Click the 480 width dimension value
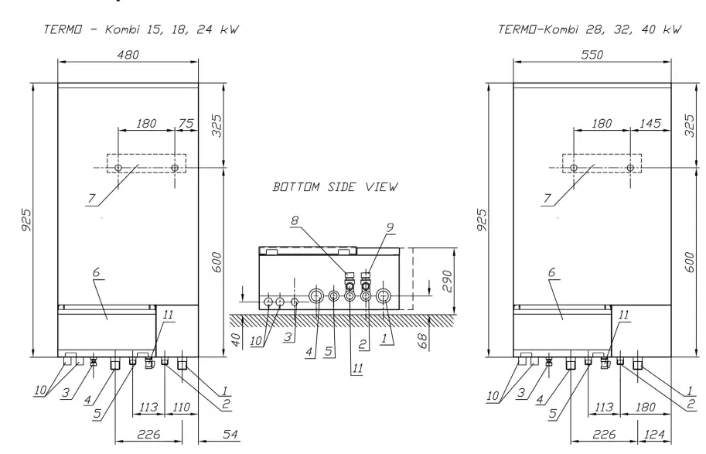tap(128, 56)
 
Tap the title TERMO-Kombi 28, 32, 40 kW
tap(591, 29)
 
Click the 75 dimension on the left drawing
tap(186, 123)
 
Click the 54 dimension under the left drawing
tap(211, 435)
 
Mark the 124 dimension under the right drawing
tap(650, 435)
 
